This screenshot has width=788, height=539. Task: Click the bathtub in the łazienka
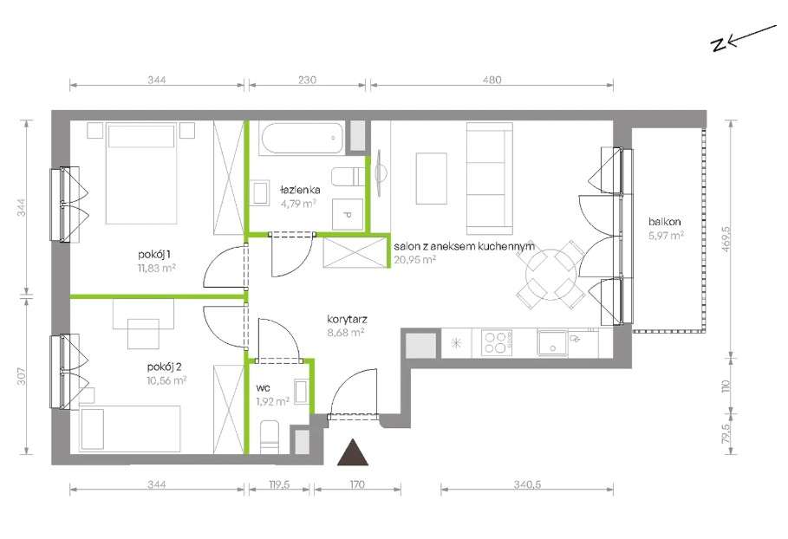click(302, 139)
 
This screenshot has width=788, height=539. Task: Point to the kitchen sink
click(552, 342)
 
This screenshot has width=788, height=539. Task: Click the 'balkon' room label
click(664, 222)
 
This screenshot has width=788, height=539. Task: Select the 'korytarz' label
click(347, 319)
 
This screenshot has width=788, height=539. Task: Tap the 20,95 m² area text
click(414, 259)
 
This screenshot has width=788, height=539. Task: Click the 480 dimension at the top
click(492, 80)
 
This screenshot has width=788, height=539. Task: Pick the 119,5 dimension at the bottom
click(279, 484)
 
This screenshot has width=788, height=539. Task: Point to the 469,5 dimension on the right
click(726, 239)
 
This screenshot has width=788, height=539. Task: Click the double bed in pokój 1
click(141, 173)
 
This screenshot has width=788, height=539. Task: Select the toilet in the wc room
click(270, 437)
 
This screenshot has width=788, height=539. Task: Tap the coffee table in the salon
click(431, 179)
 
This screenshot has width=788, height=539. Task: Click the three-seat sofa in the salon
click(489, 179)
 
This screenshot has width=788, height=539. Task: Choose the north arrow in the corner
click(743, 38)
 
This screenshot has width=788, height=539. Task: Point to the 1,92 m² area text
click(272, 401)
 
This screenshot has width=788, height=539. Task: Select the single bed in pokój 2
click(130, 428)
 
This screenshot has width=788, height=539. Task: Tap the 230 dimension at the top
click(307, 80)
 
